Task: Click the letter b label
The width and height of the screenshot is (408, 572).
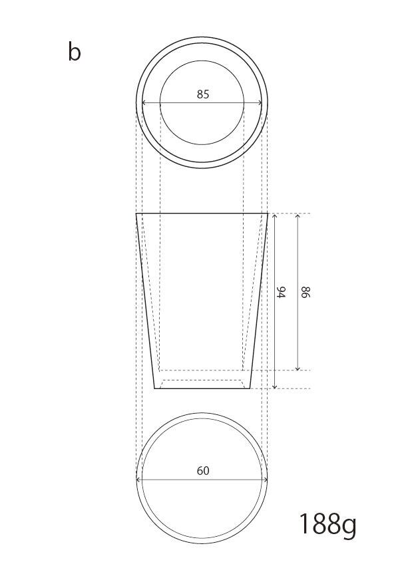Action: click(x=74, y=51)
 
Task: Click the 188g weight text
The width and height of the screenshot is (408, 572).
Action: click(x=327, y=525)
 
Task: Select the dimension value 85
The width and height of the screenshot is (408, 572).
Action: click(x=203, y=94)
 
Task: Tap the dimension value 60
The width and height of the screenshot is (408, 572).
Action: click(x=203, y=471)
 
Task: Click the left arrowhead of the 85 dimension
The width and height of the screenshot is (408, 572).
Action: click(x=143, y=103)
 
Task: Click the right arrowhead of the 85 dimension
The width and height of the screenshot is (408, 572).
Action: click(x=260, y=103)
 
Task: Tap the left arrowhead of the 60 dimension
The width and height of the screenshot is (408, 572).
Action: click(x=138, y=480)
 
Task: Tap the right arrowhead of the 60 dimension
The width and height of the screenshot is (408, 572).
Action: click(x=266, y=480)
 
